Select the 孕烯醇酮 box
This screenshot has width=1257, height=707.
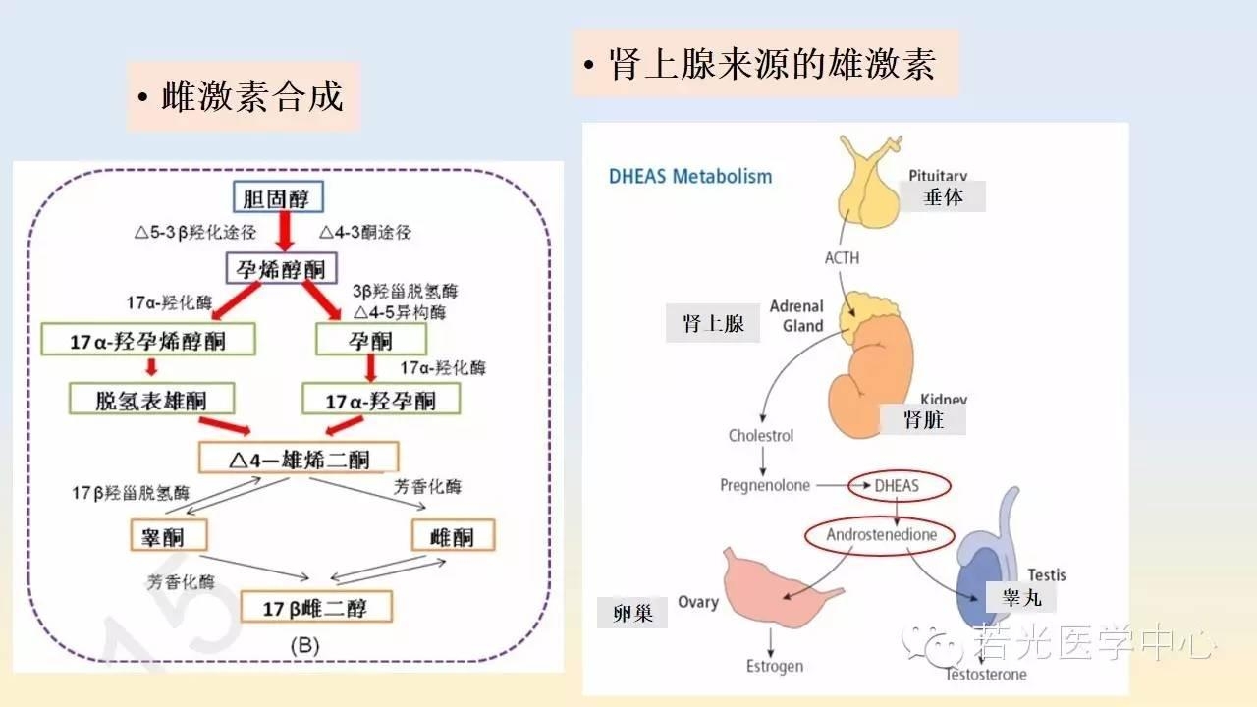tap(283, 268)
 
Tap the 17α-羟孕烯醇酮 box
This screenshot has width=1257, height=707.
tap(148, 340)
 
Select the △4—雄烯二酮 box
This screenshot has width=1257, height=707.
tap(299, 458)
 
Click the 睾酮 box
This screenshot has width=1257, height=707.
tap(170, 535)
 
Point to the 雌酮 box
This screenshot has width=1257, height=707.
tap(452, 535)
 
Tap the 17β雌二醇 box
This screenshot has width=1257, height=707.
tap(315, 606)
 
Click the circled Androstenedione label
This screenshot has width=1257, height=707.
tap(881, 535)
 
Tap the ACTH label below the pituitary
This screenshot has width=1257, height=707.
tap(842, 258)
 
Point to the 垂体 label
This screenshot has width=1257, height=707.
tap(944, 196)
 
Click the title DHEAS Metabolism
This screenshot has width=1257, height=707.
tap(690, 177)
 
